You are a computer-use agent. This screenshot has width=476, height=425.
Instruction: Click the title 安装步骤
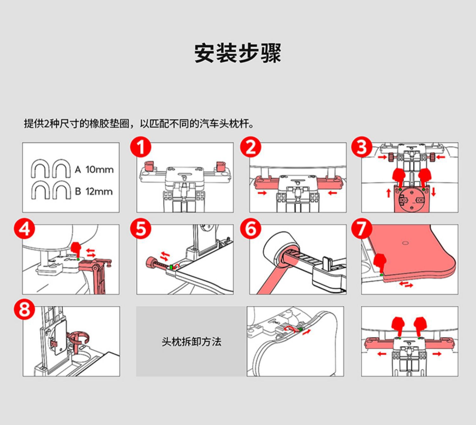[x=238, y=53]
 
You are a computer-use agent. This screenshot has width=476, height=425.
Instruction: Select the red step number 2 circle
[x=251, y=147]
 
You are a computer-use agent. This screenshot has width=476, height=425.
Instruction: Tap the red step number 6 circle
[x=251, y=228]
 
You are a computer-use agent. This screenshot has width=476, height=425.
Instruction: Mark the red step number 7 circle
[x=362, y=228]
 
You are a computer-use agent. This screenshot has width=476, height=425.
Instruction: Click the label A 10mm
[x=94, y=170]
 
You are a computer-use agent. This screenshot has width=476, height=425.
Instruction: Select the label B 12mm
[x=94, y=192]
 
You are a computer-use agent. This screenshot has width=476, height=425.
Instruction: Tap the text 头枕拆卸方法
[x=191, y=342]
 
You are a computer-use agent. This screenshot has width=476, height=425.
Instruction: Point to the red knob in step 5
[x=150, y=263]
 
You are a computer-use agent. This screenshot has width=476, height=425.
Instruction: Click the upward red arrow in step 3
[x=388, y=192]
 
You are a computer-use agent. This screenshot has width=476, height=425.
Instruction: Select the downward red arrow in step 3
[x=433, y=192]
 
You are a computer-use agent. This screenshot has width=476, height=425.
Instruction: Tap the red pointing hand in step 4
[x=76, y=249]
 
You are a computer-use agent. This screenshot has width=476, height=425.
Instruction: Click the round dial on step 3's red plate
[x=411, y=200]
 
